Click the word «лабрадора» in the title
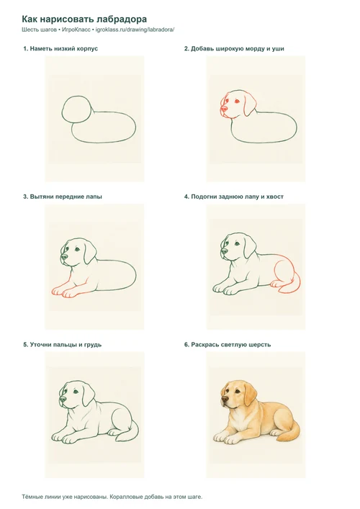point(119,19)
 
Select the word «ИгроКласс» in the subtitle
point(76,30)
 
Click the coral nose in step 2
point(224,109)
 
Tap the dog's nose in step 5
point(63,400)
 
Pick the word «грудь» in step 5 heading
point(92,345)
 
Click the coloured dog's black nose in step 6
point(225,400)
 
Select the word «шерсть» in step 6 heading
point(260,345)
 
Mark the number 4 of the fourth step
point(186,197)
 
